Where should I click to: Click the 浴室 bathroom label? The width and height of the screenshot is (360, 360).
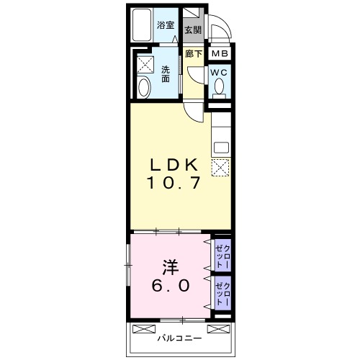click(x=166, y=25)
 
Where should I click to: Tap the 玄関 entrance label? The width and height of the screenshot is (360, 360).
click(x=193, y=30)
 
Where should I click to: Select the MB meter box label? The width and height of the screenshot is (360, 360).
click(x=220, y=53)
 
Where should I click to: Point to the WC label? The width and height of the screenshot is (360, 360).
click(x=219, y=73)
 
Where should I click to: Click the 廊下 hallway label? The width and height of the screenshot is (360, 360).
click(x=194, y=54)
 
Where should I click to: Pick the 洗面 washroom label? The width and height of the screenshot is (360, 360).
click(x=166, y=74)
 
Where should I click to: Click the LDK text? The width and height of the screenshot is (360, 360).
click(x=174, y=165)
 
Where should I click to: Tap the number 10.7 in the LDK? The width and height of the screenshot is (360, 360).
click(x=174, y=183)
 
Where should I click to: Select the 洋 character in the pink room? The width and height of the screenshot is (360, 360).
click(x=171, y=267)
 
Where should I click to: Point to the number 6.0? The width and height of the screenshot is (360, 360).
click(x=171, y=286)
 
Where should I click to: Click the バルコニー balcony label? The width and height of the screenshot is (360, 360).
click(x=179, y=338)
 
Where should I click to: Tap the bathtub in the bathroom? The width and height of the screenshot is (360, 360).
click(x=142, y=25)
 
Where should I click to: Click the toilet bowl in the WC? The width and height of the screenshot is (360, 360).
click(x=219, y=89)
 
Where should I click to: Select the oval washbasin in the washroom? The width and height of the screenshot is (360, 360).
click(x=144, y=86)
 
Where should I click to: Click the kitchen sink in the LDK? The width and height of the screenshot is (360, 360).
click(x=221, y=148)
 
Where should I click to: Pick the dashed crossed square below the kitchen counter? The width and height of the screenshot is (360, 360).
click(x=220, y=168)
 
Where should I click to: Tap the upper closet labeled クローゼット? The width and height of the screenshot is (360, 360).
click(x=222, y=256)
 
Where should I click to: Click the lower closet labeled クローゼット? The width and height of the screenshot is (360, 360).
click(x=222, y=293)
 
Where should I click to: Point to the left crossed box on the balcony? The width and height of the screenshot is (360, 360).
click(x=144, y=329)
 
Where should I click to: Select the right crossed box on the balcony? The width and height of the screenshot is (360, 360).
click(x=218, y=329)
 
